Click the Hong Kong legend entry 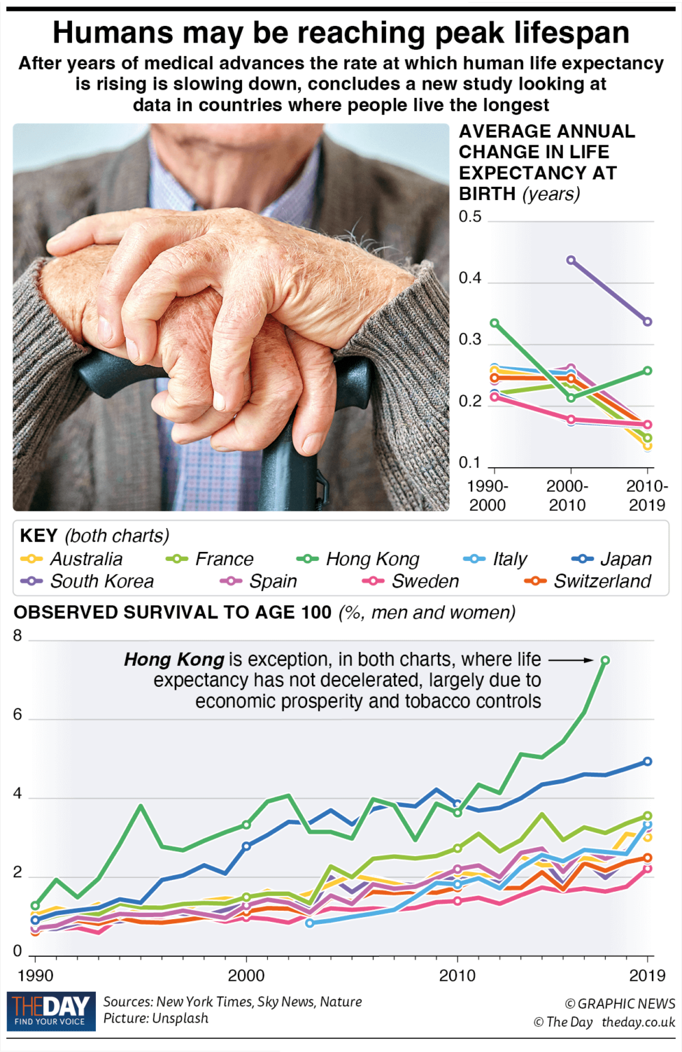pyautogui.click(x=358, y=559)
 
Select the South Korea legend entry pyautogui.click(x=88, y=581)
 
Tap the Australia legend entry pyautogui.click(x=73, y=559)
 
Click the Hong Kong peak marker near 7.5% pyautogui.click(x=605, y=660)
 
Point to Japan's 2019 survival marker pyautogui.click(x=647, y=762)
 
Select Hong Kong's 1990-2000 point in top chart pyautogui.click(x=494, y=323)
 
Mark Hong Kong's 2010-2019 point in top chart pyautogui.click(x=648, y=371)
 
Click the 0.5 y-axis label pyautogui.click(x=470, y=217)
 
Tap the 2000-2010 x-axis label pyautogui.click(x=567, y=496)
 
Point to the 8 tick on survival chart pyautogui.click(x=18, y=636)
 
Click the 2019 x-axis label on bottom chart pyautogui.click(x=647, y=975)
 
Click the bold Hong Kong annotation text pyautogui.click(x=174, y=660)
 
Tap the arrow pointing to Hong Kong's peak pyautogui.click(x=570, y=660)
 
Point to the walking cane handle pyautogui.click(x=117, y=373)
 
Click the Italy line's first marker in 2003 pyautogui.click(x=310, y=923)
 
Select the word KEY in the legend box pyautogui.click(x=38, y=536)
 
